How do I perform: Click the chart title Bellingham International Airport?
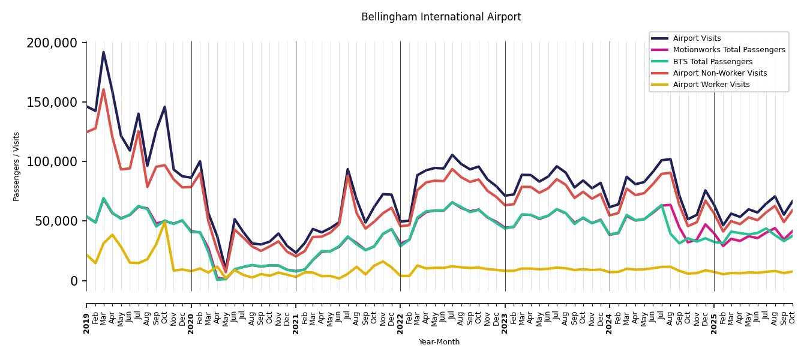(x=441, y=17)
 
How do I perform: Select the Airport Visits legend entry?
(x=697, y=38)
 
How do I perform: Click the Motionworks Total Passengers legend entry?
(x=728, y=50)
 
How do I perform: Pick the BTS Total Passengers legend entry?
(x=712, y=62)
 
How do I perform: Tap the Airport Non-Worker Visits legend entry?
(x=719, y=73)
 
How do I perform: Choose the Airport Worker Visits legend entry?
(x=711, y=85)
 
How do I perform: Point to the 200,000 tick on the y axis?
(x=52, y=43)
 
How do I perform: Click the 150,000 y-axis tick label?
(x=52, y=103)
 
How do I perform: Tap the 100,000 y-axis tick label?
(x=52, y=162)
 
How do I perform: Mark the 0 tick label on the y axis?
(x=74, y=281)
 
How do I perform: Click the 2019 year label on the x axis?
(x=86, y=323)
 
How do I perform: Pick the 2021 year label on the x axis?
(x=296, y=323)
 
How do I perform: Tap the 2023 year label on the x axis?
(x=505, y=323)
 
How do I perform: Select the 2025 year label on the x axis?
(x=714, y=323)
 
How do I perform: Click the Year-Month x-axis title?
(x=439, y=342)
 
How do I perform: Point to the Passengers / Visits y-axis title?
(x=17, y=166)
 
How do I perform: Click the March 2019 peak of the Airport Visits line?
(x=103, y=52)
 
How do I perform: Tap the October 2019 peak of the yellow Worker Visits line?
(x=165, y=221)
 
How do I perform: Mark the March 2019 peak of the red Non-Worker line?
(x=103, y=89)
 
